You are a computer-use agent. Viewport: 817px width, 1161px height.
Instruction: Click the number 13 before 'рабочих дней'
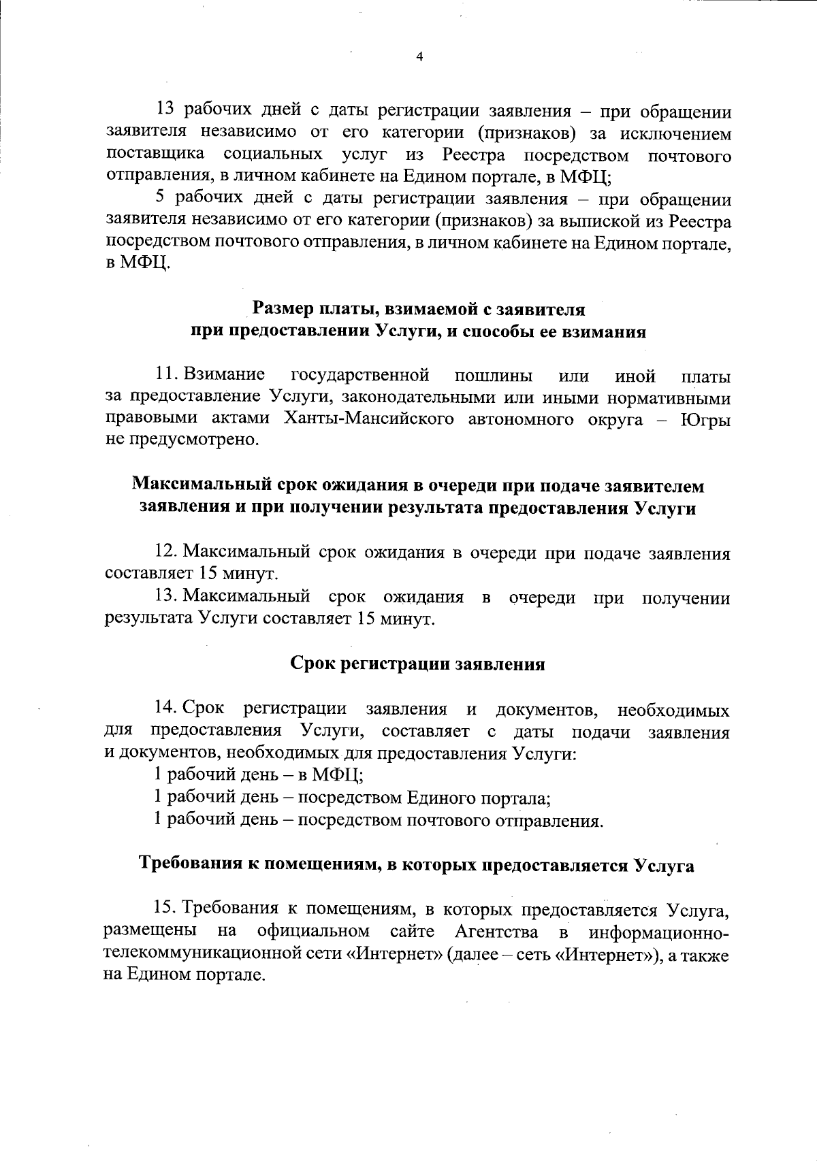click(167, 110)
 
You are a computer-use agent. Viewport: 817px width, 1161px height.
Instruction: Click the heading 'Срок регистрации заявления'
click(417, 664)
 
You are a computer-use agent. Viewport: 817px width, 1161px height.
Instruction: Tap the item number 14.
click(166, 709)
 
